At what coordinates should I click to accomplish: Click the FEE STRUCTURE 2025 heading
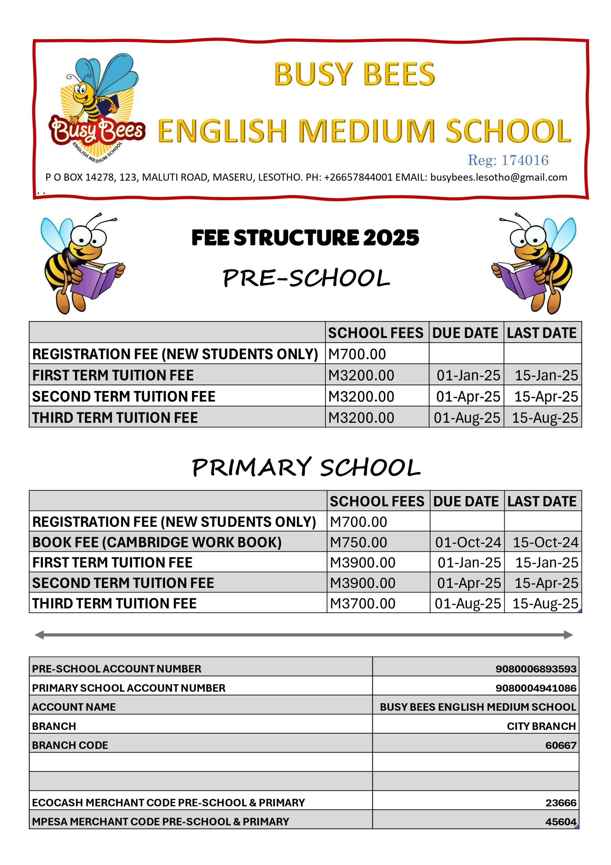pos(305,238)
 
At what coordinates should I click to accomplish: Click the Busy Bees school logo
pos(96,109)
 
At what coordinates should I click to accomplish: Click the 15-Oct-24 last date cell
pos(545,542)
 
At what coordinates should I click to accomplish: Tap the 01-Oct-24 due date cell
pos(468,542)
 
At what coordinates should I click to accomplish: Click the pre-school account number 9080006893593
pos(536,669)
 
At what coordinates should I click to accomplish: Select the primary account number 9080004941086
pos(536,688)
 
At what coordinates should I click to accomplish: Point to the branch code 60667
pos(561,745)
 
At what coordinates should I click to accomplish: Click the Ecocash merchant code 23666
pos(561,802)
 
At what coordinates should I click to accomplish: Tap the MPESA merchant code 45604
pos(561,822)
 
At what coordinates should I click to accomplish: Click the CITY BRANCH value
pos(541,726)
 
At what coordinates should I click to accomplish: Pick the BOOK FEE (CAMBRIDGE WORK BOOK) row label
pos(157,542)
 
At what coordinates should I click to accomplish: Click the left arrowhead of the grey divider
pos(39,635)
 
